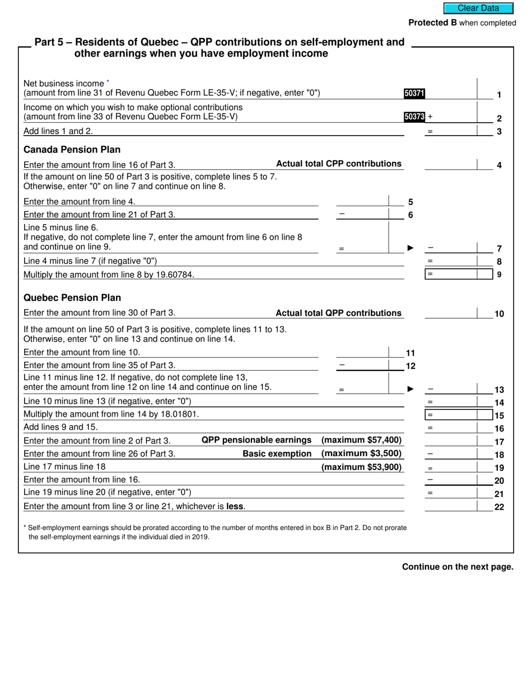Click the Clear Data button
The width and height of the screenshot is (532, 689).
coord(478,8)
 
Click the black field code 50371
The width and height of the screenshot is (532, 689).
coord(414,94)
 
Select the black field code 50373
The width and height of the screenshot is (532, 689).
coord(414,117)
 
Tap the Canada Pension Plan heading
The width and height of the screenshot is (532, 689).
coord(72,150)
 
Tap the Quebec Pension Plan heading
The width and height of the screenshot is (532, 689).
coord(72,297)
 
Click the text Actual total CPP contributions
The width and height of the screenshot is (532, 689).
coord(339,164)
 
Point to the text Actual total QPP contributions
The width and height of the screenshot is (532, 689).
coord(339,313)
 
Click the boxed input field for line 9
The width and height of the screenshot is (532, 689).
coord(451,274)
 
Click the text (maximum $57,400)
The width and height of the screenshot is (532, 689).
coord(361,440)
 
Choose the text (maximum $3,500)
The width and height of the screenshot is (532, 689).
coord(361,453)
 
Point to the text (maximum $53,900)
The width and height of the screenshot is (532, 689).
coord(361,467)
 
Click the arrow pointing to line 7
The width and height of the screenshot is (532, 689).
coord(410,248)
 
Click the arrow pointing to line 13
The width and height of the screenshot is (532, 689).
coord(410,389)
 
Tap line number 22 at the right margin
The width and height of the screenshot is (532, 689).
coord(499,507)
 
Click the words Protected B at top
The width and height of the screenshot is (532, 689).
coord(432,23)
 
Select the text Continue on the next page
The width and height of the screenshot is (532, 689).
coord(458,567)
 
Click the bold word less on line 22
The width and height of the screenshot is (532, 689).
coord(235,506)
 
